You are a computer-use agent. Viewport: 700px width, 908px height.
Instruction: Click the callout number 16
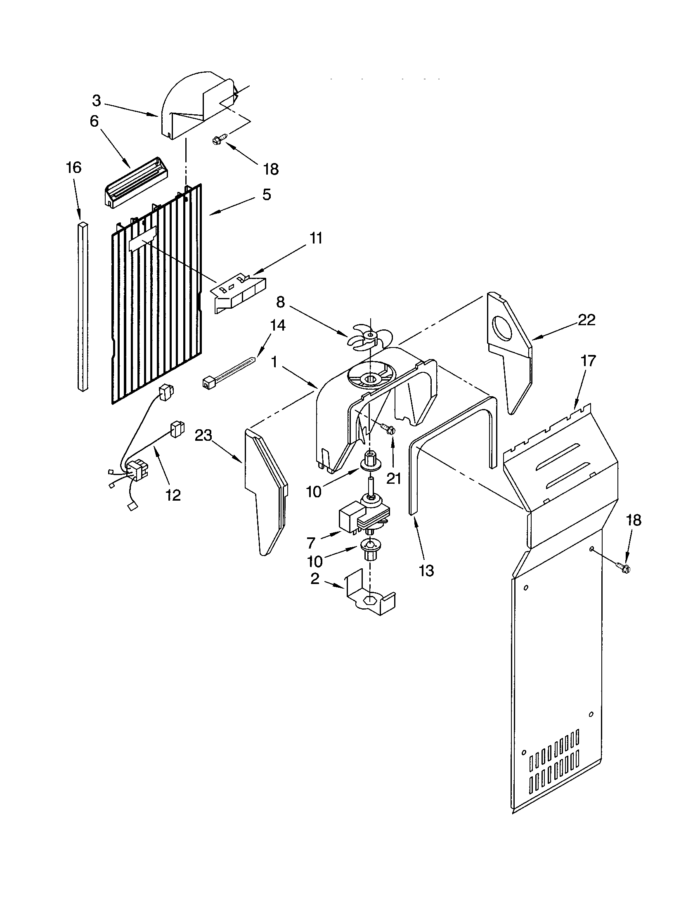tap(73, 168)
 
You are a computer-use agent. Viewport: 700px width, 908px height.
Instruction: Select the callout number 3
tap(96, 100)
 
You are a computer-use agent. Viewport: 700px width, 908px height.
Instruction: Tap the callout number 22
tap(586, 320)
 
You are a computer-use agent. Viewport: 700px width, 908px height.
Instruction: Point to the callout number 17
tap(588, 360)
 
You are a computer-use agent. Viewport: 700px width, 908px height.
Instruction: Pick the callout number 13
tap(426, 570)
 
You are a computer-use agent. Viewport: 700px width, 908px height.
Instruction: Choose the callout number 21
tap(394, 478)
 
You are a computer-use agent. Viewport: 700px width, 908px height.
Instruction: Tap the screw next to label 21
tap(388, 429)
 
